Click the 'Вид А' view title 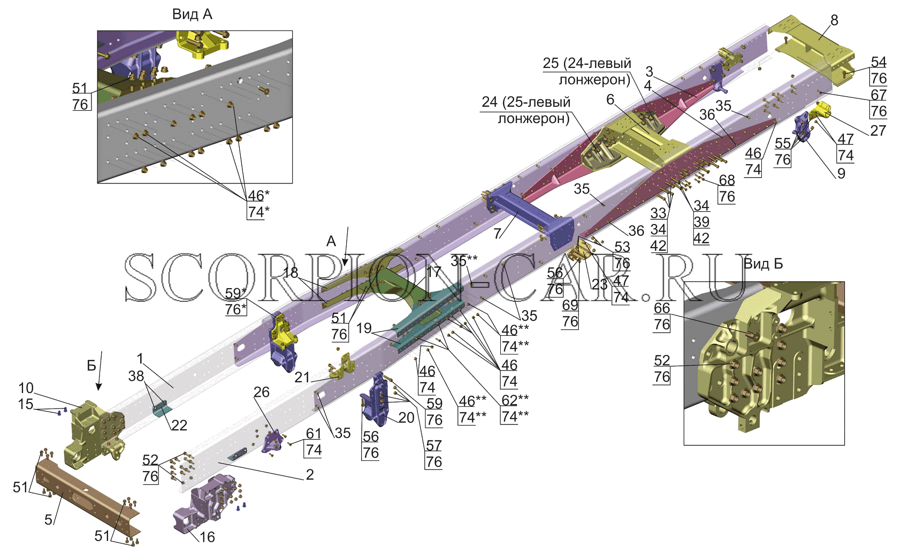point(192,14)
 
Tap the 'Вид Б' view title point(763,264)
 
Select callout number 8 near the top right point(834,20)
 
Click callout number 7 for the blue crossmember point(498,233)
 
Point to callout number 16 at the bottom point(207,537)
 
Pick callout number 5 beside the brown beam point(48,520)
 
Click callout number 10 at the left point(26,388)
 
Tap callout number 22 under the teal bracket point(179,425)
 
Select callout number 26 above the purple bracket point(262,392)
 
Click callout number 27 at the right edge point(878,130)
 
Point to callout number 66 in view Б point(662,308)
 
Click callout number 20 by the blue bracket point(406,418)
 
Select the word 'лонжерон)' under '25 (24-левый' point(594,80)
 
